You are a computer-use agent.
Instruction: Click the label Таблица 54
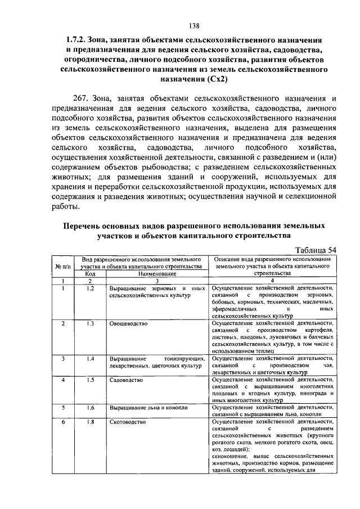[316, 250]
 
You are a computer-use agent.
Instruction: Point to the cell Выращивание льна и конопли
[148, 408]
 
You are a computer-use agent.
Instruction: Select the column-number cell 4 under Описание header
[272, 280]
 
